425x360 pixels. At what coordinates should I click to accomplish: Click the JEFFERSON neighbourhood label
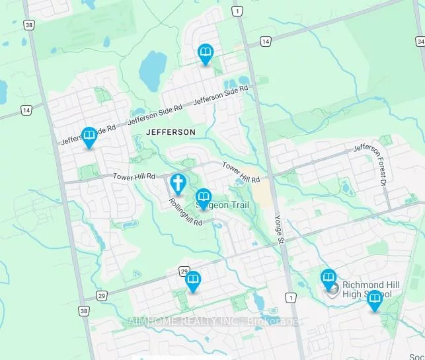[x=171, y=132]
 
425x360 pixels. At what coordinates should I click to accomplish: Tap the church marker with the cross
[x=178, y=183]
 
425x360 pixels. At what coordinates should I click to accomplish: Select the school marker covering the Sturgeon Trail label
[x=204, y=198]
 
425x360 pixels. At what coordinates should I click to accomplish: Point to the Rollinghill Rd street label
[x=185, y=212]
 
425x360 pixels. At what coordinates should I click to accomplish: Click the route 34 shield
[x=420, y=42]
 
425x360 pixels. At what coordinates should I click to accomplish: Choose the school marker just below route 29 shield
[x=193, y=282]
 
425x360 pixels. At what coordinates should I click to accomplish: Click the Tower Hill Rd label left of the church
[x=134, y=176]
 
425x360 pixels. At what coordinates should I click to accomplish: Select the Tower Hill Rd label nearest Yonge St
[x=241, y=172]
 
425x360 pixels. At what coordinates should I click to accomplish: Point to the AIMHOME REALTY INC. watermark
[x=215, y=322]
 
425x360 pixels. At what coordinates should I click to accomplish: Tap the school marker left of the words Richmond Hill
[x=328, y=279]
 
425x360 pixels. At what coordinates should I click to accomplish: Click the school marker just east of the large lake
[x=206, y=54]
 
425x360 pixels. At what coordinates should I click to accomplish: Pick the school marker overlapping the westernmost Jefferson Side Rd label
[x=89, y=137]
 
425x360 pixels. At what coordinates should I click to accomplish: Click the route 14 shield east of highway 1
[x=265, y=42]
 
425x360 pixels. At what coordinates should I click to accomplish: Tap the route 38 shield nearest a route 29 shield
[x=83, y=310]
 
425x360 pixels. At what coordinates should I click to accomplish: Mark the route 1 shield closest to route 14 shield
[x=237, y=11]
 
